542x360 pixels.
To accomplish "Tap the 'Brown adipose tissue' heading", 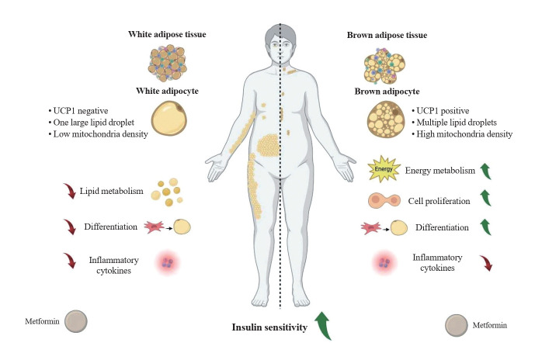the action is tap(386, 35).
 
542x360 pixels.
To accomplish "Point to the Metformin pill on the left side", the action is tap(75, 321).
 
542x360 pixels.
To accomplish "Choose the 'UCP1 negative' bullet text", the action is tap(82, 108).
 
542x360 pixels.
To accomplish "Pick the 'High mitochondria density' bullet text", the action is tap(464, 133).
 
